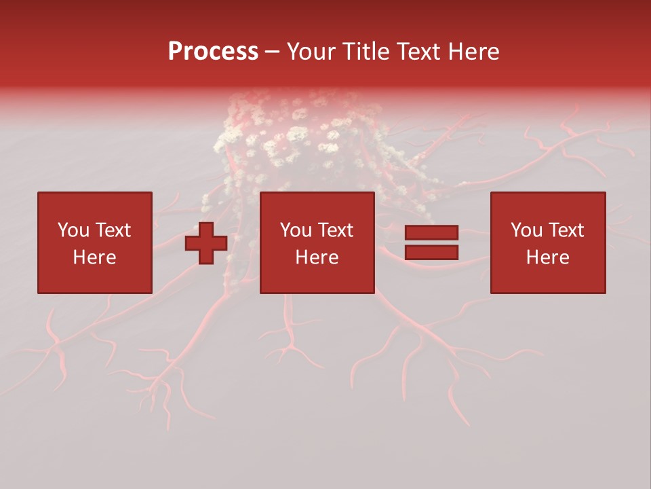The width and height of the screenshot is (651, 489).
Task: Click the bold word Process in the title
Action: point(213,52)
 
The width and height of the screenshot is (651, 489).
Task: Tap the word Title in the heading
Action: point(368,52)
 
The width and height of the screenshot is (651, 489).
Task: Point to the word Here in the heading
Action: point(474,52)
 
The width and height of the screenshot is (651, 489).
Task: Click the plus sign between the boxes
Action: point(206,243)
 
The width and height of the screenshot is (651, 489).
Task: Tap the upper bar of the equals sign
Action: point(431,232)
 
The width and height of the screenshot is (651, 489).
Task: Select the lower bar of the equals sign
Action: point(431,253)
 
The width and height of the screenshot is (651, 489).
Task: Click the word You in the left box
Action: point(73,230)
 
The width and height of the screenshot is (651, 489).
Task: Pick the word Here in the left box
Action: point(94,257)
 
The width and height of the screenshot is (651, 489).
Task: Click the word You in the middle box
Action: point(296,230)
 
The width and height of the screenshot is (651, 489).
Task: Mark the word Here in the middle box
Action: point(317,257)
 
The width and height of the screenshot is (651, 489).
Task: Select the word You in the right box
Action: point(526,230)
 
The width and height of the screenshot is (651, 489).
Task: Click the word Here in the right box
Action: point(547,257)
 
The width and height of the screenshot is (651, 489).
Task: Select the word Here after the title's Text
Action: point(474,52)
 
